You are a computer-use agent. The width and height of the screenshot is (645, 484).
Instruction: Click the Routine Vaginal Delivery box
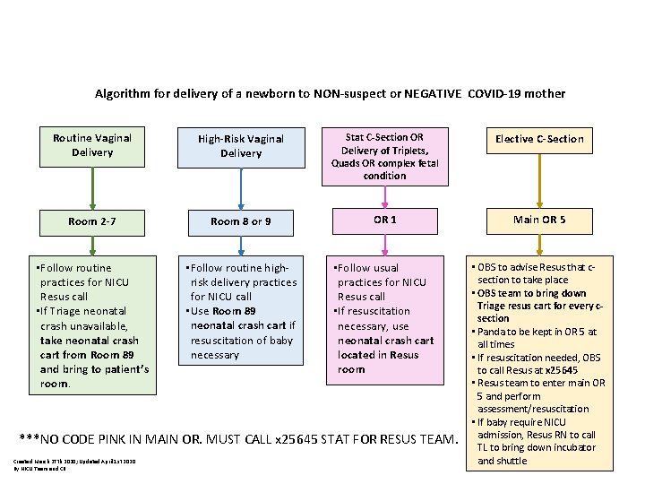(91, 145)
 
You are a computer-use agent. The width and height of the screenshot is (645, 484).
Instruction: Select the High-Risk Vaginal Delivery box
(241, 146)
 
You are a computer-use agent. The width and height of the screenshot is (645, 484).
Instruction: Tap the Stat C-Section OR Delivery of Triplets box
(384, 156)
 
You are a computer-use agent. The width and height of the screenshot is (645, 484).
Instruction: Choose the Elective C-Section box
(539, 139)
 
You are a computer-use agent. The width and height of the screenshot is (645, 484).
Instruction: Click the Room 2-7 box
(91, 220)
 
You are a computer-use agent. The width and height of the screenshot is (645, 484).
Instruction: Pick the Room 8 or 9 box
(241, 221)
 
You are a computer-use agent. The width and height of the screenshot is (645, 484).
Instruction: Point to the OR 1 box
(384, 219)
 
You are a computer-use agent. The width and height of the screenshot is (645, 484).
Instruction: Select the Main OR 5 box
(539, 220)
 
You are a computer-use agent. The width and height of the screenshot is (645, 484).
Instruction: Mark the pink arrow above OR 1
(384, 196)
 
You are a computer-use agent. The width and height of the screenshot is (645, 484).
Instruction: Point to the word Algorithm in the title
(122, 93)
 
